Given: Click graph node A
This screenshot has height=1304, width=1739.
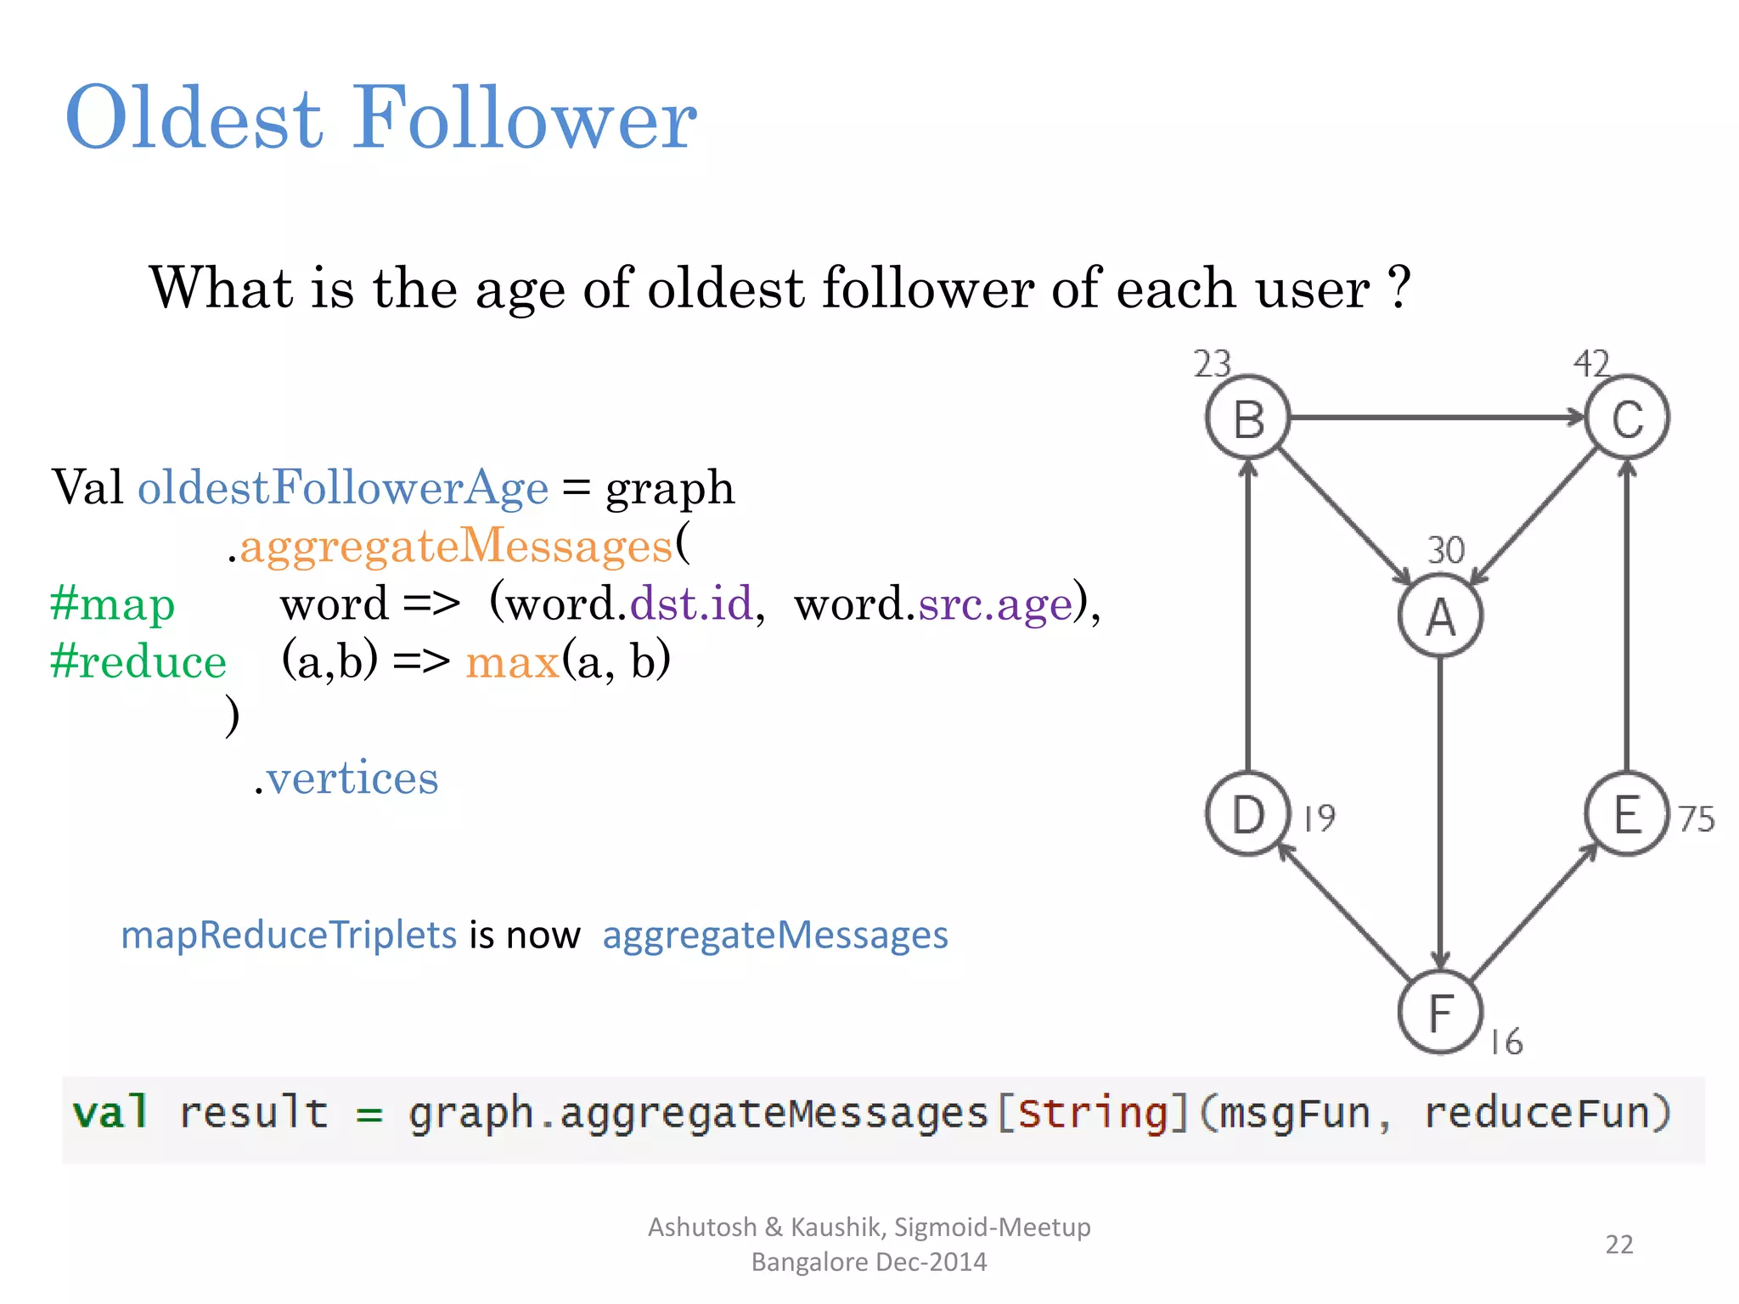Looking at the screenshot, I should (x=1440, y=615).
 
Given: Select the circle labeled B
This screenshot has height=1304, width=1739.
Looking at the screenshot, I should (x=1248, y=418).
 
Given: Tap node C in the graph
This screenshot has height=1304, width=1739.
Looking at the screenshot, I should (x=1627, y=418).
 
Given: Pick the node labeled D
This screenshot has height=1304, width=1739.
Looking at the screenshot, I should (x=1248, y=814).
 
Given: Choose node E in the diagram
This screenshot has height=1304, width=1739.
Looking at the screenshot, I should (x=1627, y=814).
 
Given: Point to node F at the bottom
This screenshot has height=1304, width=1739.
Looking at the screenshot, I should (x=1440, y=1012).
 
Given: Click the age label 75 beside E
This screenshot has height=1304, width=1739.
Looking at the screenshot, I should (x=1696, y=819).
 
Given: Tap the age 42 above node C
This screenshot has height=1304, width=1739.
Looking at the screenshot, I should (x=1591, y=364).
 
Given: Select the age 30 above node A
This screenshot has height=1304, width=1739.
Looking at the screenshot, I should (x=1445, y=550).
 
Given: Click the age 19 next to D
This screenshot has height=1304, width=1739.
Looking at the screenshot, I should (x=1320, y=818).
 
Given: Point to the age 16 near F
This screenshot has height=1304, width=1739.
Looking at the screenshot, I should (x=1507, y=1042).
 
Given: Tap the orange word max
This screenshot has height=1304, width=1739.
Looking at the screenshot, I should (x=512, y=661).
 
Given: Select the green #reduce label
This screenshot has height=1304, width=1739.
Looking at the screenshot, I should (x=138, y=661).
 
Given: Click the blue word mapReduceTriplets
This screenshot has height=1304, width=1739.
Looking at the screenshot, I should (x=289, y=935).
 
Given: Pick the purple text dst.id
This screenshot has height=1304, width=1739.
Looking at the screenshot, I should (x=691, y=604).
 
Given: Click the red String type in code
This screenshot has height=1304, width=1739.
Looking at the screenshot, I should (x=1092, y=1113).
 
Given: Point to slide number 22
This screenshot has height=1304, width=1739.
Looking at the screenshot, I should (x=1618, y=1244).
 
